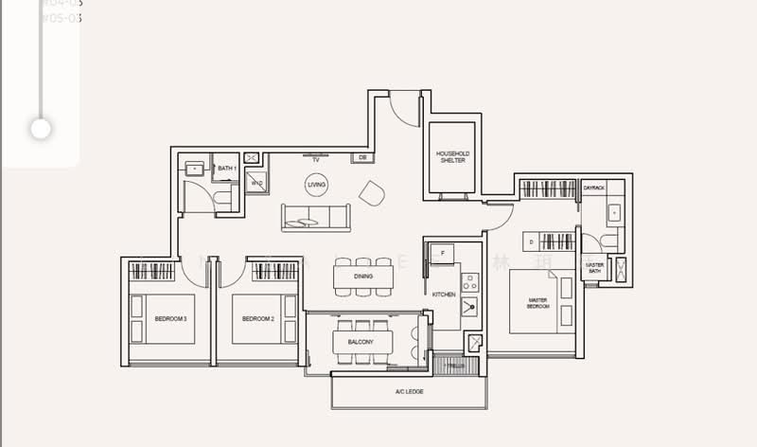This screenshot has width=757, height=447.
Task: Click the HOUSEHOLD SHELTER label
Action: tap(452, 156)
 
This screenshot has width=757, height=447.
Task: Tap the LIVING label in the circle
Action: tap(316, 186)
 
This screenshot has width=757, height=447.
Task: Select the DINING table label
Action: tap(363, 277)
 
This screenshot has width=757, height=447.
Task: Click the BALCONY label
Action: tap(361, 342)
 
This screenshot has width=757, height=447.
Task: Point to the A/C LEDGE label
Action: tap(408, 392)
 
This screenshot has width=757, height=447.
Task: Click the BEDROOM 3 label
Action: tap(170, 319)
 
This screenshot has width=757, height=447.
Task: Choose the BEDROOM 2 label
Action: tap(257, 319)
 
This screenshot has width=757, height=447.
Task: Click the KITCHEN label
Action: tap(444, 295)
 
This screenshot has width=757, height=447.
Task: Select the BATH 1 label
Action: tap(225, 169)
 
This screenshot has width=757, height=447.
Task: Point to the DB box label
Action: tap(361, 157)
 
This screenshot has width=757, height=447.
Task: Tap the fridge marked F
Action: tap(441, 253)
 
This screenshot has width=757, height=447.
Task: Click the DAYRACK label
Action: tap(593, 188)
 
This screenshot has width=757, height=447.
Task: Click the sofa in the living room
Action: tap(314, 217)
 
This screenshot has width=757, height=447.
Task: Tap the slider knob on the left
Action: tap(41, 128)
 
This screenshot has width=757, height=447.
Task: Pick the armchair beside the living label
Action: tap(372, 193)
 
